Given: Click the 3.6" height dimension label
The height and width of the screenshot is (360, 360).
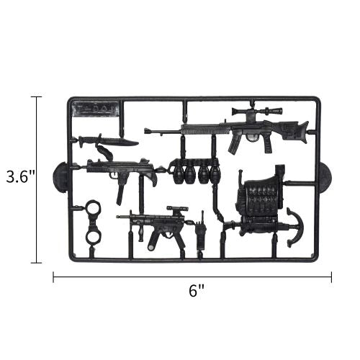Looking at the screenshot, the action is (21, 176).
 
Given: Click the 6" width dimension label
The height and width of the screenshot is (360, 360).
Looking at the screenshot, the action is (197, 291).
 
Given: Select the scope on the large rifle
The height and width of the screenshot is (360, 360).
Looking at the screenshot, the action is (257, 111).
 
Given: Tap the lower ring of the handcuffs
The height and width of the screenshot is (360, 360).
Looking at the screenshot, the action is (93, 235).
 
